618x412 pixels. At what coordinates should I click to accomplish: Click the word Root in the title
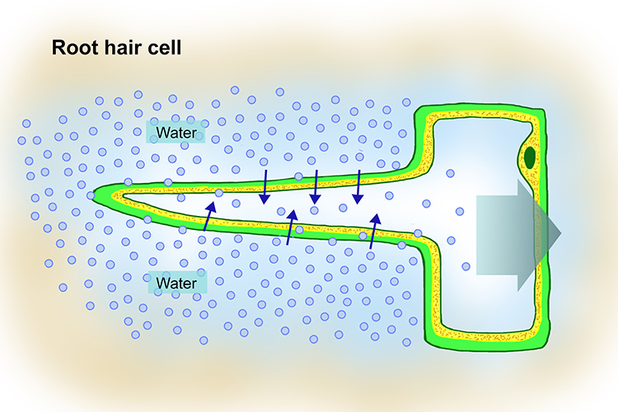tap(75, 47)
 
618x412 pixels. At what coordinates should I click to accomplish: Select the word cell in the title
tap(165, 47)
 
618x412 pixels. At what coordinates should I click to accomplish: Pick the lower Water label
tap(176, 283)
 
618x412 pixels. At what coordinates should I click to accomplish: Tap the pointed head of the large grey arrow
tap(548, 233)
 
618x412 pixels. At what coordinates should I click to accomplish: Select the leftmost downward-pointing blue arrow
tap(264, 188)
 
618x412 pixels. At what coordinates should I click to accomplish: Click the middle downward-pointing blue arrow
tap(316, 185)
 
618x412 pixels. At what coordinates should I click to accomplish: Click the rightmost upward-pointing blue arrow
tap(374, 232)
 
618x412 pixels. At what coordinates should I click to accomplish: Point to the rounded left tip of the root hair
tap(98, 194)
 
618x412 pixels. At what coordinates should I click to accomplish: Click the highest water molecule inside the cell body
tap(451, 173)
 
